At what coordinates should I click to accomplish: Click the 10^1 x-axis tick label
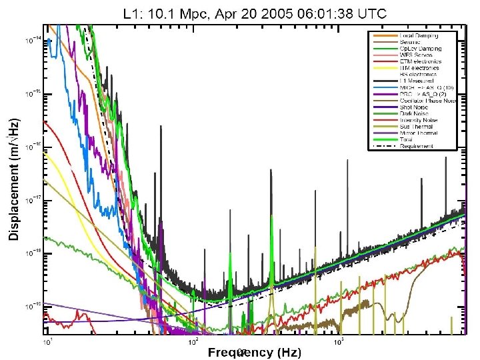pos(47,341)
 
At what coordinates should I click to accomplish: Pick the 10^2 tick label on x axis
pos(193,341)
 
